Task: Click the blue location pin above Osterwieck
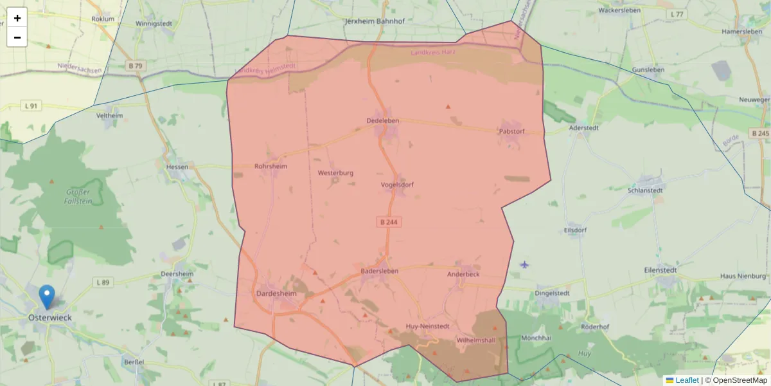point(47,297)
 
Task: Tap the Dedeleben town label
point(382,121)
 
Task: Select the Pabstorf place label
point(511,131)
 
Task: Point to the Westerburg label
point(335,173)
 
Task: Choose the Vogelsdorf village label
point(397,185)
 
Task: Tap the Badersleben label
point(379,271)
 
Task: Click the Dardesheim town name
point(276,293)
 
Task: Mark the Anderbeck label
point(463,273)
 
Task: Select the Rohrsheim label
point(270,166)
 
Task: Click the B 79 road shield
point(134,66)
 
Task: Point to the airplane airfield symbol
point(525,264)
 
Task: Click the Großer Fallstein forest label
point(78,196)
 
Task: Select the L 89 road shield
point(103,282)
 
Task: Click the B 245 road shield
point(759,133)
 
